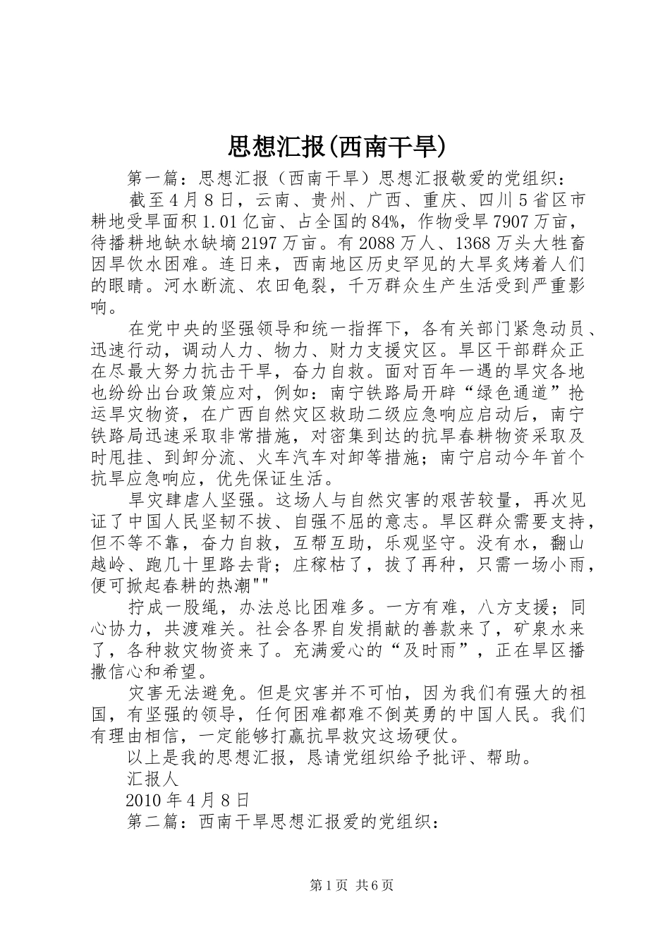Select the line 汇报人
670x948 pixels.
pyautogui.click(x=152, y=779)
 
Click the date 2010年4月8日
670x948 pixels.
pyautogui.click(x=188, y=801)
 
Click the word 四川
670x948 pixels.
pyautogui.click(x=499, y=200)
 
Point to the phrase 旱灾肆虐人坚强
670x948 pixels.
pyautogui.click(x=197, y=500)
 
